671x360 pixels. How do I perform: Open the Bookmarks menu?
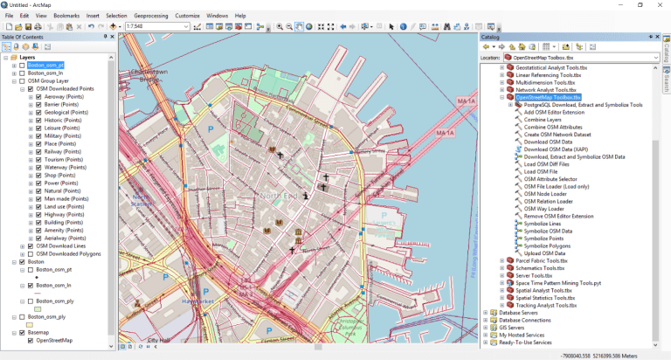tap(66, 16)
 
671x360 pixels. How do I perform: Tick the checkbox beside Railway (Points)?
tap(38, 151)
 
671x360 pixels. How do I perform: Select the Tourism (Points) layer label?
tap(63, 160)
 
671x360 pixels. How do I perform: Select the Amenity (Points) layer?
tap(63, 229)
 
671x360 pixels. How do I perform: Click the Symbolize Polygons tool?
tap(549, 246)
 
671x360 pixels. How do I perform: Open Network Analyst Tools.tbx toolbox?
tap(547, 90)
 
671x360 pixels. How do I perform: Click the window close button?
tap(660, 5)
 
